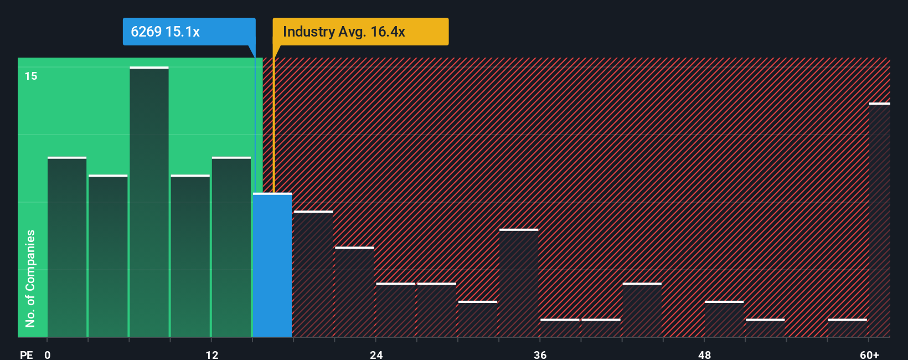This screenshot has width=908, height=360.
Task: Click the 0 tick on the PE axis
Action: pos(48,354)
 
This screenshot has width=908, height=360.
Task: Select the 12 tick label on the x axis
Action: pos(212,354)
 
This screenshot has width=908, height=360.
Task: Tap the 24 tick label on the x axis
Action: pos(376,354)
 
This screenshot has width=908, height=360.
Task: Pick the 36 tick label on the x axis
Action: pos(540,354)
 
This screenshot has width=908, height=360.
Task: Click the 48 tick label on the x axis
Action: pos(704,354)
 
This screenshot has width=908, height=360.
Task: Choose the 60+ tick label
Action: pos(869,354)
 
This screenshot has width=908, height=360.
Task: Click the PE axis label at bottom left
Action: pos(26,354)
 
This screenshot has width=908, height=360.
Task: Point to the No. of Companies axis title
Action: pos(30,278)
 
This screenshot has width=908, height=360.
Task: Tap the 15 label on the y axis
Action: pos(31,76)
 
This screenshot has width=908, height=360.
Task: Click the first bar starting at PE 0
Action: pos(67,247)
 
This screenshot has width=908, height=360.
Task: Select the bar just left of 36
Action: pos(519,283)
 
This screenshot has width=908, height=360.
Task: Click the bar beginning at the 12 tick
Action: pos(231,247)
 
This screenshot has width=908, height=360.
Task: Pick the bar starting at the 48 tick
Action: pos(724,319)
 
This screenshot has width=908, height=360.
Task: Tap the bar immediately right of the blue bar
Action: pos(313,274)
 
